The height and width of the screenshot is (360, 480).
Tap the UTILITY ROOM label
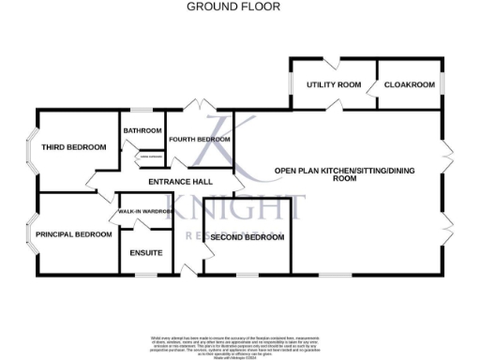point(334,85)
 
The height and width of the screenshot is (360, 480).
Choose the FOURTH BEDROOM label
point(199,140)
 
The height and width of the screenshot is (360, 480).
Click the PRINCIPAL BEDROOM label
point(74,233)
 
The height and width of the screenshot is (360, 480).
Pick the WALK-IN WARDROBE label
point(144,213)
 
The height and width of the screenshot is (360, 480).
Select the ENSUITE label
point(146,253)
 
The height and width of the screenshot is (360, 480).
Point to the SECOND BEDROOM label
point(247,238)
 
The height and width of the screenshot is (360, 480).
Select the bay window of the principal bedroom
point(31,233)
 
